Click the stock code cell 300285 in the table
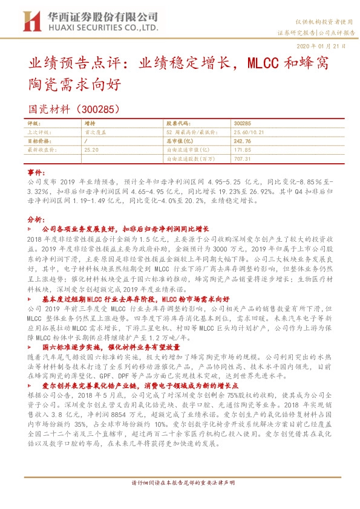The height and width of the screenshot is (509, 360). click(241, 123)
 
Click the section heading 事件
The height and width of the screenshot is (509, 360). click(37, 172)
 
